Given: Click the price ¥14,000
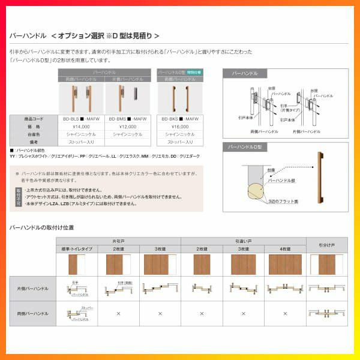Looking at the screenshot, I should point(81,127).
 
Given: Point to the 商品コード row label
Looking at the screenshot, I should point(34,119).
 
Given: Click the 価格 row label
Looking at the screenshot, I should point(34,127).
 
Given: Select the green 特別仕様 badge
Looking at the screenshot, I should point(194,71).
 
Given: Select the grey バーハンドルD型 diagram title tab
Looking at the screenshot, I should point(247,147).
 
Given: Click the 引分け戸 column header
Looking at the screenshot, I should point(326,245).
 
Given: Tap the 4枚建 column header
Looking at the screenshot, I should point(285,248).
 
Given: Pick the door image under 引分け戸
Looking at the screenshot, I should point(326,265).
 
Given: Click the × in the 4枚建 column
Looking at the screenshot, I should point(285,313).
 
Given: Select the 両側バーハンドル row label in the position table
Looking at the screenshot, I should point(33,313).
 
